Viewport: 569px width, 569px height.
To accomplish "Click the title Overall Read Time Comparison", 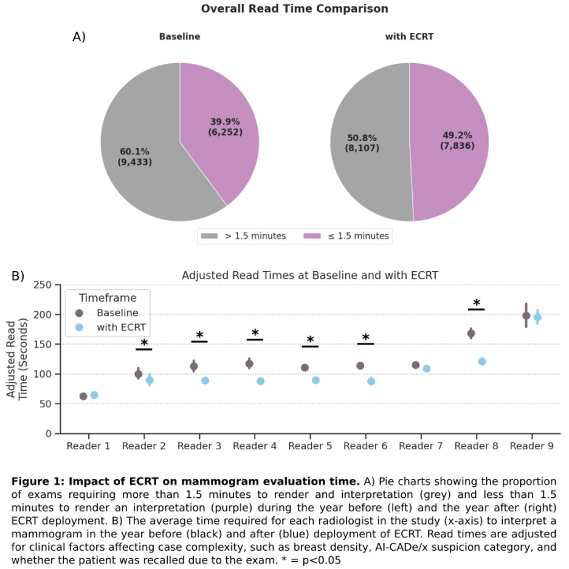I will pos(294,9).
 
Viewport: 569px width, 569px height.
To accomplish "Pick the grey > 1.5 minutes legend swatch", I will pos(210,236).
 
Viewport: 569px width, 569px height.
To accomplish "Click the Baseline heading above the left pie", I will pos(179,36).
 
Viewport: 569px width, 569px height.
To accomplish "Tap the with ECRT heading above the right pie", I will pos(409,36).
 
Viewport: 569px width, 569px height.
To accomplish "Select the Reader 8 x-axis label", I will pos(476,446).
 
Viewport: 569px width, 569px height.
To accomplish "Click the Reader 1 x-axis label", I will pos(89,446).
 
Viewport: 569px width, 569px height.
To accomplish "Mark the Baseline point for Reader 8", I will pos(471,333).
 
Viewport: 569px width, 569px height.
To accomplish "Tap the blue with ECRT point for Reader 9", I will pos(537,317).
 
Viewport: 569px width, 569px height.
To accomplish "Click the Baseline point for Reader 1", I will pos(83,396).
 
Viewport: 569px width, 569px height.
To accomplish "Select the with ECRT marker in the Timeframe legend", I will pos(79,328).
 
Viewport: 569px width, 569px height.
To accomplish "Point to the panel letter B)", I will pos(18,275).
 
